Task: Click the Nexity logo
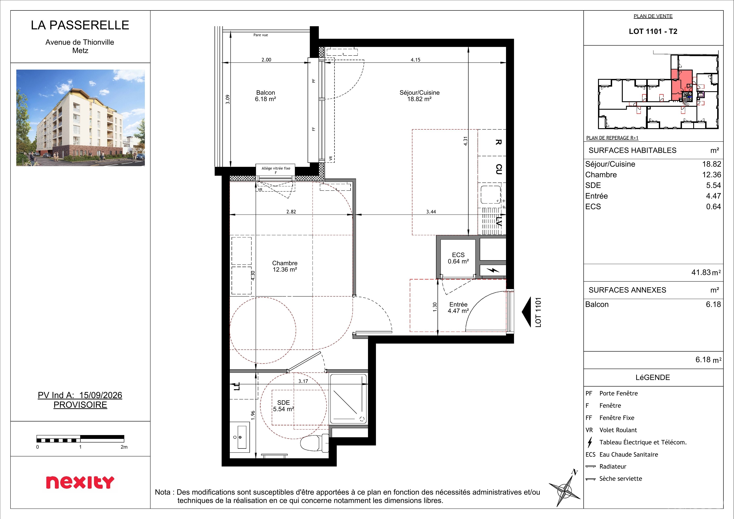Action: pos(80,482)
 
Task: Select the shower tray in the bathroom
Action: pos(348,399)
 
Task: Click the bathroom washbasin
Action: pos(240,437)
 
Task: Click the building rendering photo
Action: pos(81,118)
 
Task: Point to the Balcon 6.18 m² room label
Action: pos(265,96)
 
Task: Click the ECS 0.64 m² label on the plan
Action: pos(458,258)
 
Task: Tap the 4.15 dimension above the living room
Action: pos(415,60)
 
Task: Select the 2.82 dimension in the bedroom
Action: pos(291,212)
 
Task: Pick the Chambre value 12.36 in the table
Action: pos(712,175)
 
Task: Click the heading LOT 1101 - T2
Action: pos(653,31)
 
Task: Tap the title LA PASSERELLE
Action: pos(80,25)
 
